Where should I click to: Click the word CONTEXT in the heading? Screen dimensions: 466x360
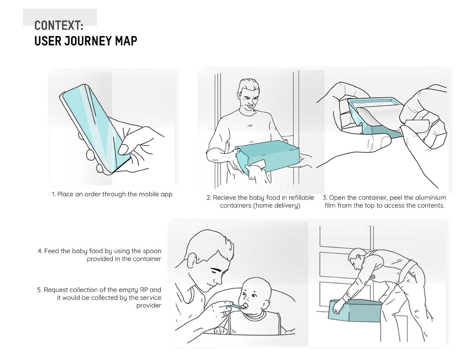click(x=57, y=26)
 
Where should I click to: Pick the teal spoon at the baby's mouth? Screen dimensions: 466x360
click(x=238, y=307)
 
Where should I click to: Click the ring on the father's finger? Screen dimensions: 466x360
click(x=224, y=315)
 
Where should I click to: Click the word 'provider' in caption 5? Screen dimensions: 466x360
click(x=148, y=305)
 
